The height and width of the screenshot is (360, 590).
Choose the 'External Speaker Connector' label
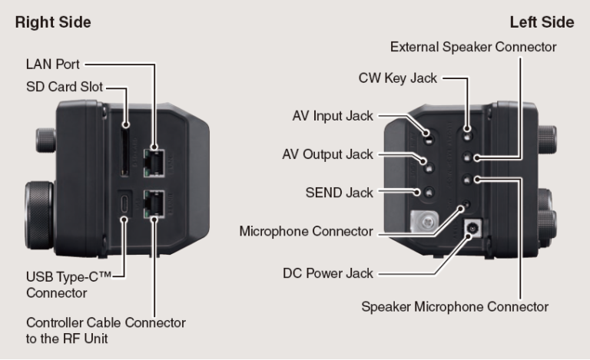tap(473, 48)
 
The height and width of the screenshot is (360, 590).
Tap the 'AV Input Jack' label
tap(333, 117)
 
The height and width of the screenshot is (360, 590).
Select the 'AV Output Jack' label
tap(327, 154)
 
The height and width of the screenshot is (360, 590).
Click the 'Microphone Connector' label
tap(307, 231)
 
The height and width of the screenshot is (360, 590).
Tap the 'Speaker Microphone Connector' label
tap(455, 306)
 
